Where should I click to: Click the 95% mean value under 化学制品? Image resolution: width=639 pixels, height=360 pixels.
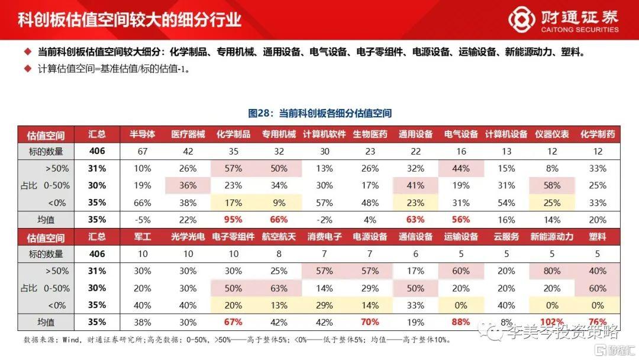[x=233, y=220]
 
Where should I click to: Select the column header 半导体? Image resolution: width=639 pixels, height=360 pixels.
[x=142, y=134]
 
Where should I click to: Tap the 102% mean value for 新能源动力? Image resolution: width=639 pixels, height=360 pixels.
[x=551, y=323]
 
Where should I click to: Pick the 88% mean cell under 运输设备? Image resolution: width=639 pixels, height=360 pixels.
[x=461, y=323]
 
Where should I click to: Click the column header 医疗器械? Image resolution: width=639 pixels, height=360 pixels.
[x=188, y=134]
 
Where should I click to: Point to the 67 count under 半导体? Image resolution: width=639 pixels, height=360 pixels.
[x=142, y=152]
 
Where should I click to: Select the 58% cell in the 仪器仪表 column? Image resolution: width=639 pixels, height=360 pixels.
[x=551, y=185]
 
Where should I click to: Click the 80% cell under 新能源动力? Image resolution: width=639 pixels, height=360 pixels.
[x=551, y=271]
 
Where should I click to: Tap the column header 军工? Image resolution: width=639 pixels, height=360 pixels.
[x=142, y=237]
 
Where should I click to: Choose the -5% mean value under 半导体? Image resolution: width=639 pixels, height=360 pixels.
[x=142, y=220]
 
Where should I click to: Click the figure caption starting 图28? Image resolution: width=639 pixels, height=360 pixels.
[x=319, y=113]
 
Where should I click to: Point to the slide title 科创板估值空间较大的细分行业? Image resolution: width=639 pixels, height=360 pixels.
[x=130, y=19]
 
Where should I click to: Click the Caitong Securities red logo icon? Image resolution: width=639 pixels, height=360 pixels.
[x=520, y=19]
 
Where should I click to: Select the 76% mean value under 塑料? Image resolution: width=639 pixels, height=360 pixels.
[x=597, y=323]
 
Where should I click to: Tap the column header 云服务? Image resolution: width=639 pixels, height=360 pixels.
[x=506, y=237]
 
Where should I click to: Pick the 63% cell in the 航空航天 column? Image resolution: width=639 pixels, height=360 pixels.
[x=279, y=288]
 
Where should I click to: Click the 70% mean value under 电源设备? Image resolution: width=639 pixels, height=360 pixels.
[x=370, y=323]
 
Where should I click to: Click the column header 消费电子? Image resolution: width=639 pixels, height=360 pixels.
[x=324, y=237]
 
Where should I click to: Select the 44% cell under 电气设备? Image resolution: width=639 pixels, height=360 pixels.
[x=461, y=169]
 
